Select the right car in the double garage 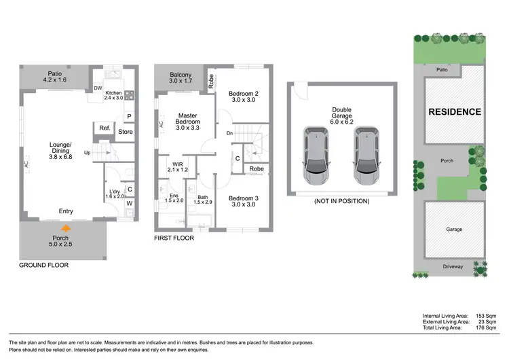click(366, 151)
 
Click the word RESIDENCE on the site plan click(454, 111)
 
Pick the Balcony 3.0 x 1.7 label click(181, 78)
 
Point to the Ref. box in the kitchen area click(105, 128)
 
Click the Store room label click(125, 132)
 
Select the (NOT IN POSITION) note click(341, 201)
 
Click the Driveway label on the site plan click(453, 266)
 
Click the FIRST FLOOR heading click(174, 238)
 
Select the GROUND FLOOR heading click(44, 266)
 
